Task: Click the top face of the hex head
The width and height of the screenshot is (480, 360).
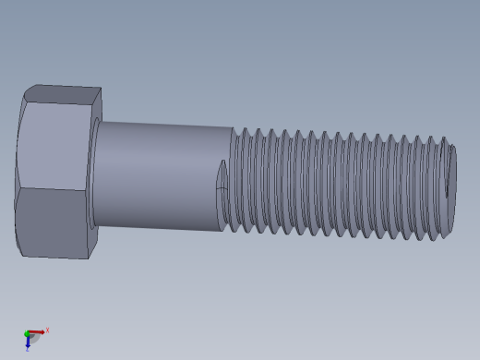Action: [63, 93]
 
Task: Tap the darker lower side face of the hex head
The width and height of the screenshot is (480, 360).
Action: [54, 222]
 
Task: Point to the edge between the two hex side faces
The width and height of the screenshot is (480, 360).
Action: [51, 189]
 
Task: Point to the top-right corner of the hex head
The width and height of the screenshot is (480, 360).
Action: [101, 89]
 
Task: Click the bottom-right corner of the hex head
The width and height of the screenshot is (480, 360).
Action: [89, 258]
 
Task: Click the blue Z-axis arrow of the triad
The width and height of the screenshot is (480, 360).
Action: [28, 342]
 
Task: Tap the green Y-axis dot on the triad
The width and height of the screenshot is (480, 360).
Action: [27, 333]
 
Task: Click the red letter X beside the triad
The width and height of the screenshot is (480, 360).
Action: [47, 330]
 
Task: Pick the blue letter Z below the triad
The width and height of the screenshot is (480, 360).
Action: [28, 351]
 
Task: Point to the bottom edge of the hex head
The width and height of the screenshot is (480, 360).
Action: [55, 256]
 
